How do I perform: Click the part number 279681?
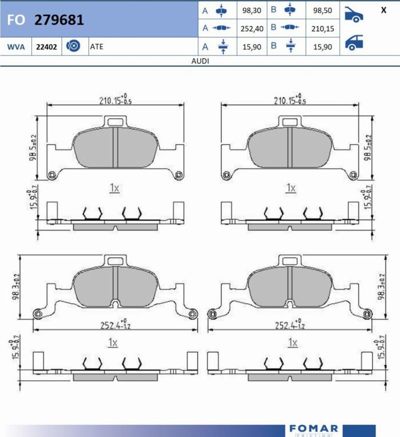click(59, 20)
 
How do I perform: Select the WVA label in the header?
click(16, 47)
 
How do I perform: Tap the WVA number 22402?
click(46, 47)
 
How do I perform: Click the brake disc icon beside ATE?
click(73, 46)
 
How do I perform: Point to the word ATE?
click(96, 47)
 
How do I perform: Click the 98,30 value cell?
click(252, 11)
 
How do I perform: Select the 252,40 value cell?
click(252, 28)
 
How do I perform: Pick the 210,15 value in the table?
click(323, 28)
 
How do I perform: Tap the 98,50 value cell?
click(323, 11)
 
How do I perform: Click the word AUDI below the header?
click(200, 61)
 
